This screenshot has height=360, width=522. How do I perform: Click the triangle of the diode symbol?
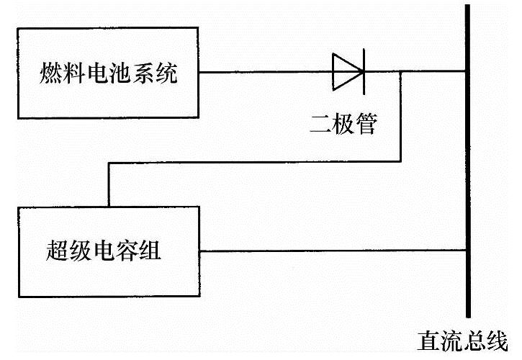coord(346,71)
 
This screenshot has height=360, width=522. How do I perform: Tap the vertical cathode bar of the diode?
coord(361,71)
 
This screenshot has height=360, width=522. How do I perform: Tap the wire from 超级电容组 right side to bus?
coord(331,251)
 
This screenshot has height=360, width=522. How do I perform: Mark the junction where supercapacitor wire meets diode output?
coord(401,71)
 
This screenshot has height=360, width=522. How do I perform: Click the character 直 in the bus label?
coord(428,340)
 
